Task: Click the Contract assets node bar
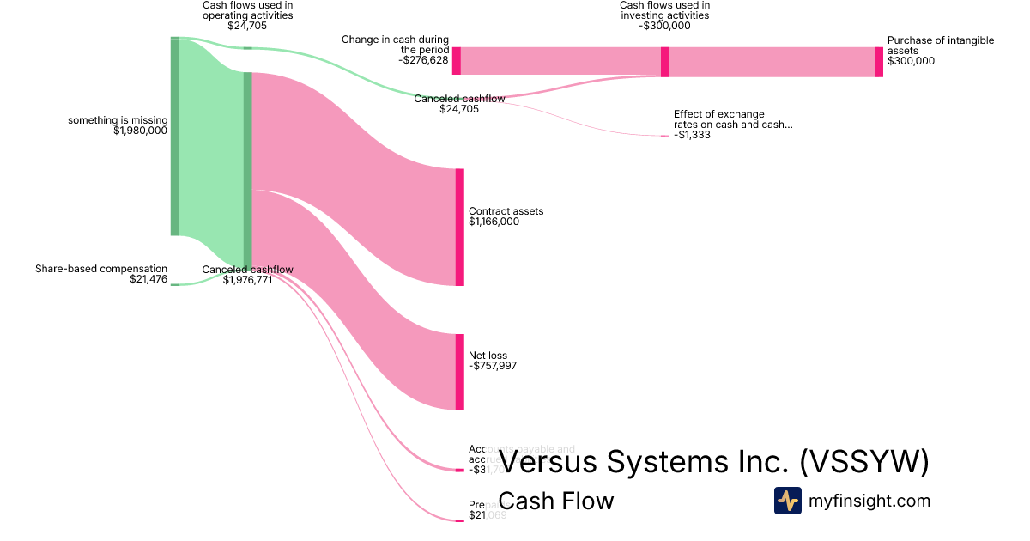(459, 227)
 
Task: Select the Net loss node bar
(459, 372)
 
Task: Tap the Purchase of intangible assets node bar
(878, 62)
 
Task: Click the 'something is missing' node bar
(174, 136)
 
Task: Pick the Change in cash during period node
(457, 61)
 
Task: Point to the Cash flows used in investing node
(665, 62)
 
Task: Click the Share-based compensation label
(101, 269)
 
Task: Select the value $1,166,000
(494, 222)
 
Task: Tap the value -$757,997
(492, 366)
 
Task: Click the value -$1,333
(692, 135)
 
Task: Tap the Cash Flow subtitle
(555, 501)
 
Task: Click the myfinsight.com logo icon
(787, 501)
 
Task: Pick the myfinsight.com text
(869, 501)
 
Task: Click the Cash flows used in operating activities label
(247, 10)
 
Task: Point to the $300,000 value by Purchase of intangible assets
(911, 61)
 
